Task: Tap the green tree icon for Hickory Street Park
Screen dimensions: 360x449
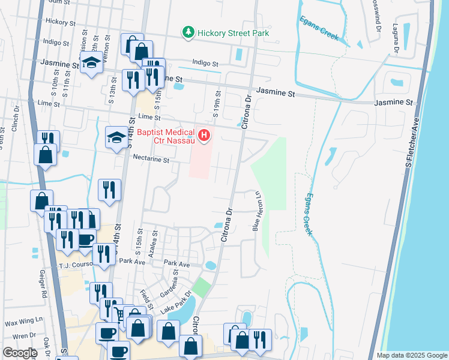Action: pyautogui.click(x=188, y=32)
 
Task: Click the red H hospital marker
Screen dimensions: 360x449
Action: pyautogui.click(x=204, y=136)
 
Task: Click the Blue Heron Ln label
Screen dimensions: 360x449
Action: pyautogui.click(x=256, y=211)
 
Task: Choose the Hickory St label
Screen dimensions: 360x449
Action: pyautogui.click(x=60, y=22)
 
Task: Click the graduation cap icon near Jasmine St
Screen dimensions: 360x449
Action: pyautogui.click(x=91, y=62)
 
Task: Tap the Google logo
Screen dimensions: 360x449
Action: pyautogui.click(x=20, y=353)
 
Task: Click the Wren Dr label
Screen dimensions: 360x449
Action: pyautogui.click(x=24, y=336)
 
